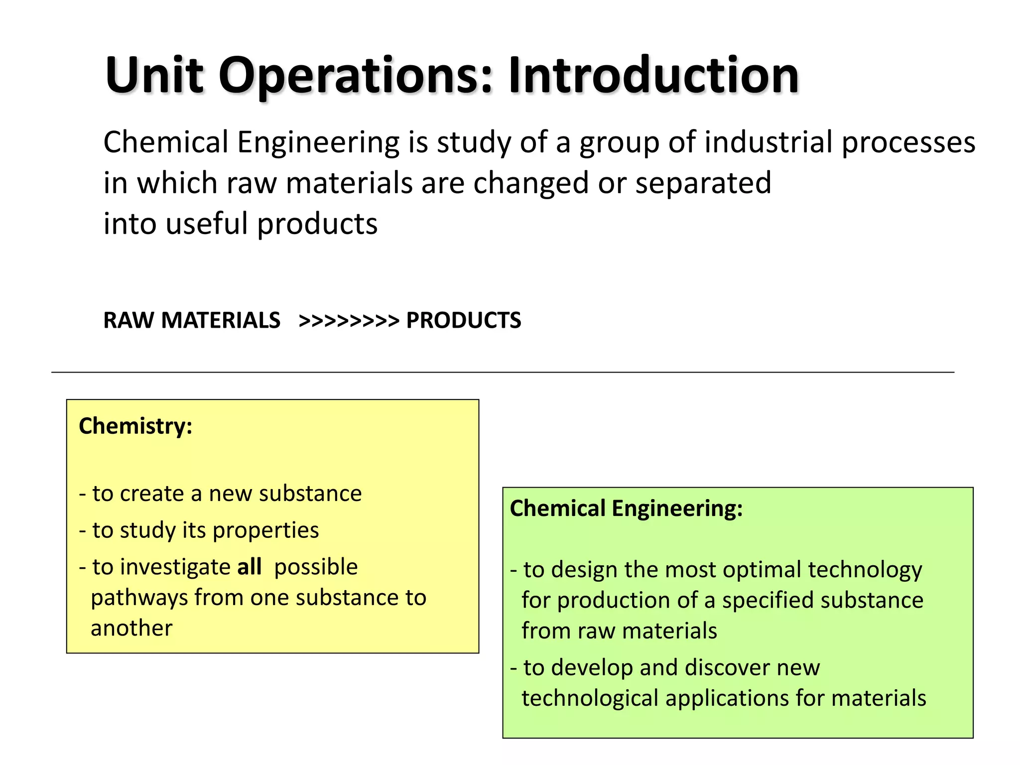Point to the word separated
(x=703, y=183)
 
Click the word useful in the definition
(x=206, y=224)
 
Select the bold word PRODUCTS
(x=464, y=320)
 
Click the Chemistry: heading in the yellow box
(x=135, y=426)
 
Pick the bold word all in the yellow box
(x=249, y=567)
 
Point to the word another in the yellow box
(x=131, y=628)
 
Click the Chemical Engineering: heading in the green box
(x=626, y=509)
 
